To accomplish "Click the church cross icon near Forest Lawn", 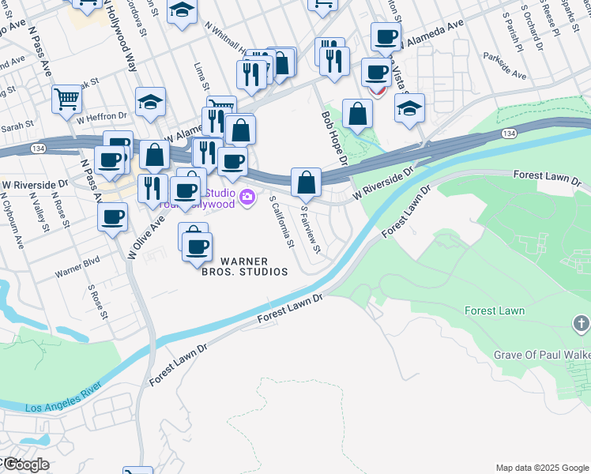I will coord(581,322).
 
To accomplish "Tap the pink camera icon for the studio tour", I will coord(248,197).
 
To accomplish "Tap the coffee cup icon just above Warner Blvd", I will coord(113,216).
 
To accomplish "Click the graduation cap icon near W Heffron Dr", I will coord(150,101).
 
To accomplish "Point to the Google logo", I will coord(25,465).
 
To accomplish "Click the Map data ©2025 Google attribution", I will coord(542,467).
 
